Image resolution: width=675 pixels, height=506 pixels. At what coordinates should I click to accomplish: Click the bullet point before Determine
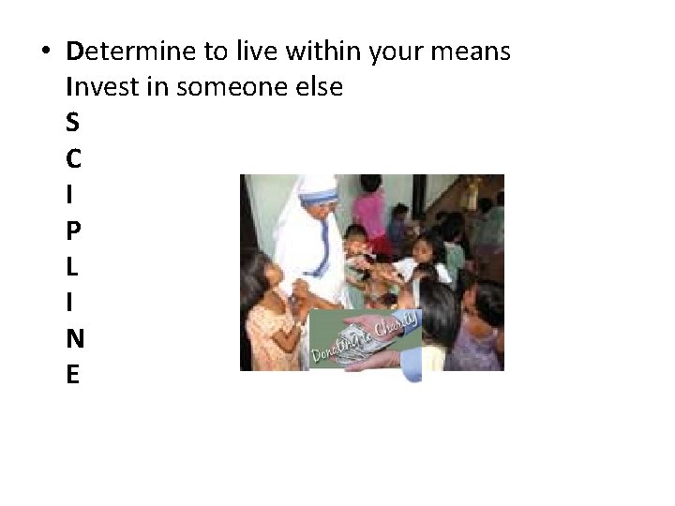pyautogui.click(x=46, y=52)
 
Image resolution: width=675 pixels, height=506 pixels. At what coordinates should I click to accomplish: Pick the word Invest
pyautogui.click(x=99, y=88)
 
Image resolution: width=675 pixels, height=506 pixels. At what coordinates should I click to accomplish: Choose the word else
pyautogui.click(x=321, y=88)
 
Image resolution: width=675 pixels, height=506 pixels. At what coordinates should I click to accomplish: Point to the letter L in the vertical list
pyautogui.click(x=73, y=268)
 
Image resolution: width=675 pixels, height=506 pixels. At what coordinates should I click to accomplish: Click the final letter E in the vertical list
pyautogui.click(x=73, y=376)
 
